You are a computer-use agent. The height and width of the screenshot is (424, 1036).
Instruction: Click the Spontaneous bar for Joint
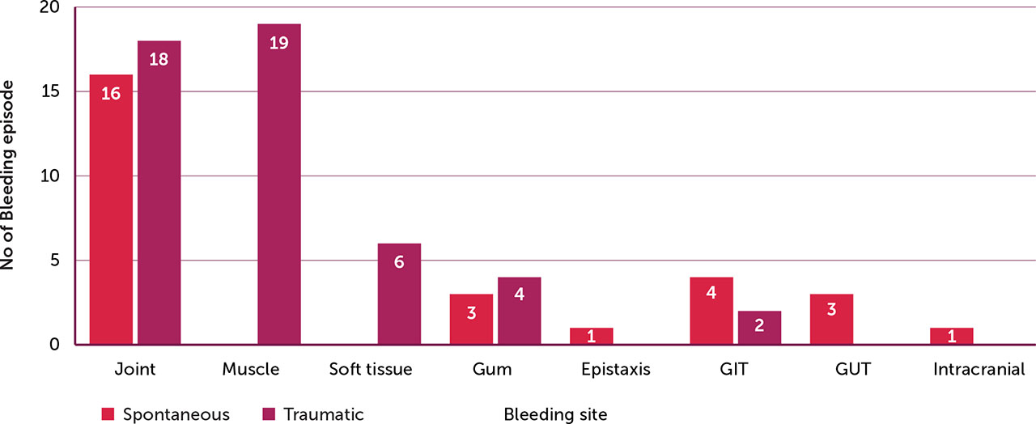(111, 210)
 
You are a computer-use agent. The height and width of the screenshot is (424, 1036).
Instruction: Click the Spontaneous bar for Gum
(471, 320)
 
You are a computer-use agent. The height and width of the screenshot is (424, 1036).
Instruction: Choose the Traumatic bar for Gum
(519, 311)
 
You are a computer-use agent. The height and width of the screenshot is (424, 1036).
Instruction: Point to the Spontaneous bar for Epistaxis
(591, 337)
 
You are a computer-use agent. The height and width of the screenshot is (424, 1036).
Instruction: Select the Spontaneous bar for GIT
(711, 311)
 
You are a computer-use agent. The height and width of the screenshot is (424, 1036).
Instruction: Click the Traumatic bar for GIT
(759, 328)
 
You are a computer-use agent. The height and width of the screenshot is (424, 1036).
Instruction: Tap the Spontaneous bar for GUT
(831, 320)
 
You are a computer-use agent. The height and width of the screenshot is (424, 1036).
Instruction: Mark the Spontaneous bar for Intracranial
(952, 337)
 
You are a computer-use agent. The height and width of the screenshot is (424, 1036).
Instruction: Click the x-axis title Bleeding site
(555, 414)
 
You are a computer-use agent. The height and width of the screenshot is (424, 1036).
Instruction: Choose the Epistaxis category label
(615, 370)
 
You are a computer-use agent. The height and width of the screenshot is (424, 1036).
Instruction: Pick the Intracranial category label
(979, 370)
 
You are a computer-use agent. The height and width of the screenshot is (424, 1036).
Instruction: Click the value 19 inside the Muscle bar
(279, 43)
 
